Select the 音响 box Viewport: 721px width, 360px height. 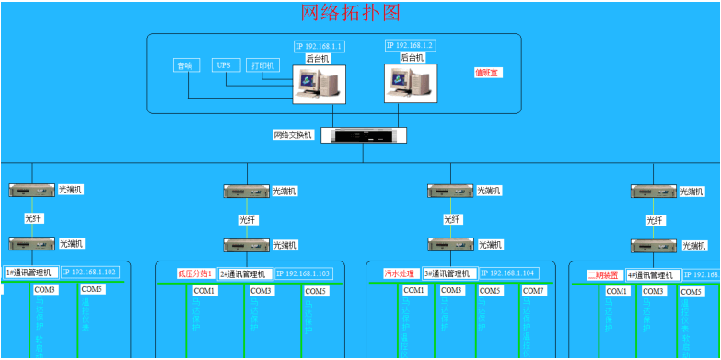pos(185,65)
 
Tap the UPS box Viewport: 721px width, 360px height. pos(224,65)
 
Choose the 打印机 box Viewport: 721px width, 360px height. pos(262,65)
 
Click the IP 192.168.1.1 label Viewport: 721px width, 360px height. pos(319,46)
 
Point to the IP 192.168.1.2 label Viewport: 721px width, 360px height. pos(410,45)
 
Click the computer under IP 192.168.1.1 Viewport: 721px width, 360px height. pos(319,84)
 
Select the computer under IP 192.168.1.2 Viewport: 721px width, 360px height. pos(410,84)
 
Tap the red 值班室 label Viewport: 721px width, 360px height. pos(487,72)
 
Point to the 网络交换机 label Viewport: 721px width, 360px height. pos(294,135)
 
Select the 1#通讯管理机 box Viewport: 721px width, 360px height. pos(31,273)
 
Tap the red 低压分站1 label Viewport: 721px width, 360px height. pos(195,273)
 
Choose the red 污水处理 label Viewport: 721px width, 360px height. pos(401,273)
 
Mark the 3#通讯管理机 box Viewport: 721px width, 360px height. pos(449,273)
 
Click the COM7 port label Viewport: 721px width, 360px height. pos(534,291)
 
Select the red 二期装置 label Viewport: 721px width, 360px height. pos(604,274)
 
